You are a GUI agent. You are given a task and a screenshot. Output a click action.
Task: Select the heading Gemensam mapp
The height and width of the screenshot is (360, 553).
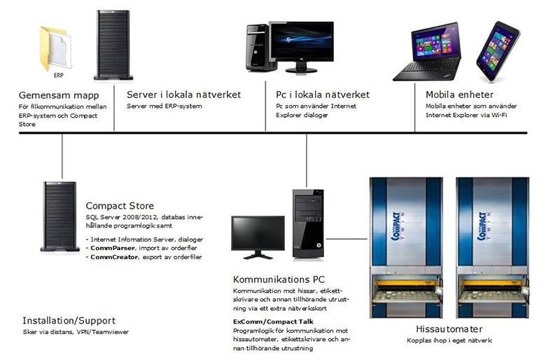pyautogui.click(x=58, y=95)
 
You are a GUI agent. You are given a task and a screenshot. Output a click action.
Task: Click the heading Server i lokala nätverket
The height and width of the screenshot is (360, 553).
pyautogui.click(x=183, y=95)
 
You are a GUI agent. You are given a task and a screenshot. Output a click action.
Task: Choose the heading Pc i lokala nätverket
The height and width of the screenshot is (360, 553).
pyautogui.click(x=322, y=95)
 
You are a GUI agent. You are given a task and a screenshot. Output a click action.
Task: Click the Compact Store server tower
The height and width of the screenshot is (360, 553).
pyautogui.click(x=58, y=215)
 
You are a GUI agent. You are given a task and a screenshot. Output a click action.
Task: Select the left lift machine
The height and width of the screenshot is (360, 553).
pyautogui.click(x=406, y=245)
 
